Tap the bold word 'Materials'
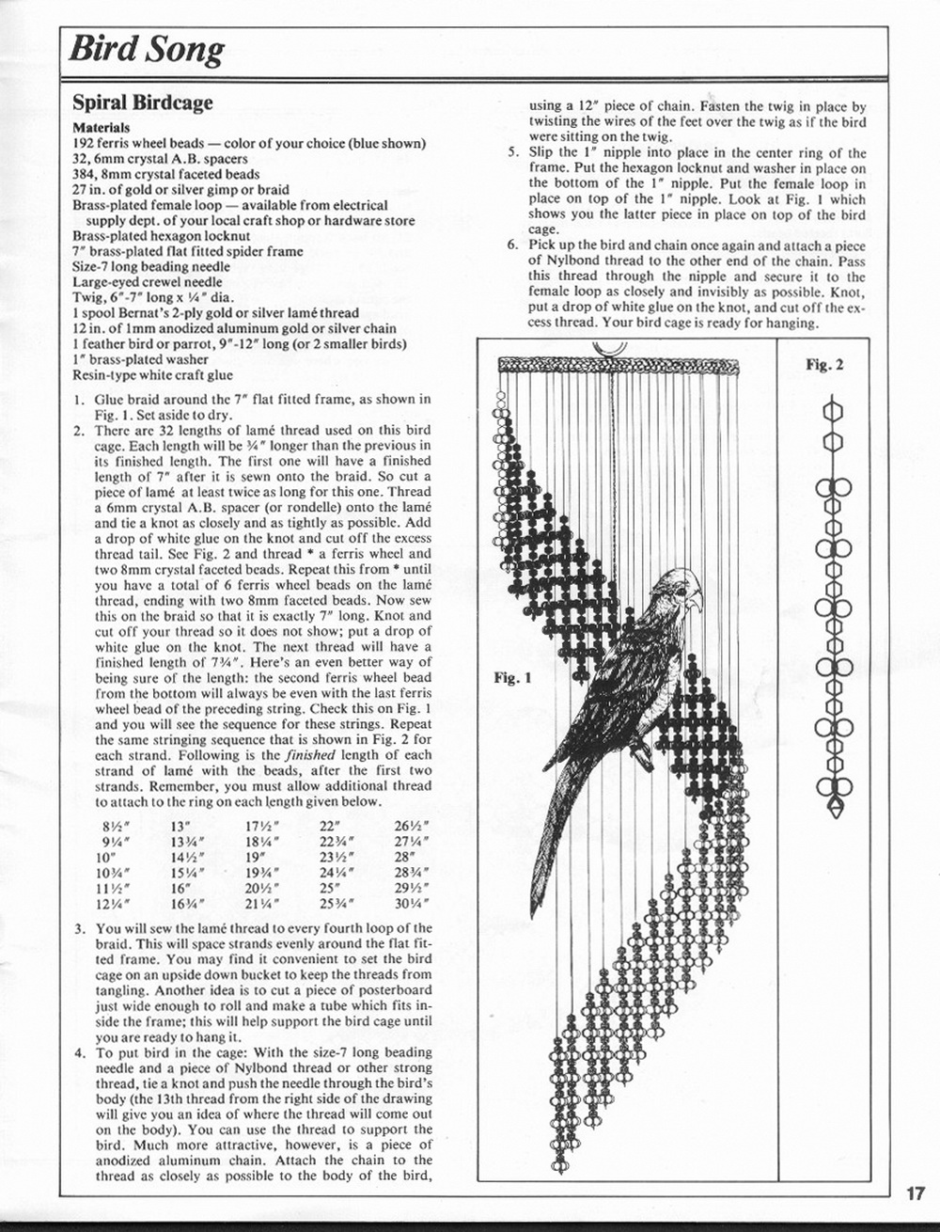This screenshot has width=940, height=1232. pos(101,127)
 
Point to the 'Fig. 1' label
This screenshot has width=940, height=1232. pos(512,677)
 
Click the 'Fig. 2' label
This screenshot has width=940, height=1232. pos(824,364)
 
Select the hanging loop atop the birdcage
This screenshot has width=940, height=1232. pos(613,353)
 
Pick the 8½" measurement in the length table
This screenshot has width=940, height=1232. pos(114,827)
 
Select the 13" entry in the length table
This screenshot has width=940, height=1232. pos(181,827)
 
